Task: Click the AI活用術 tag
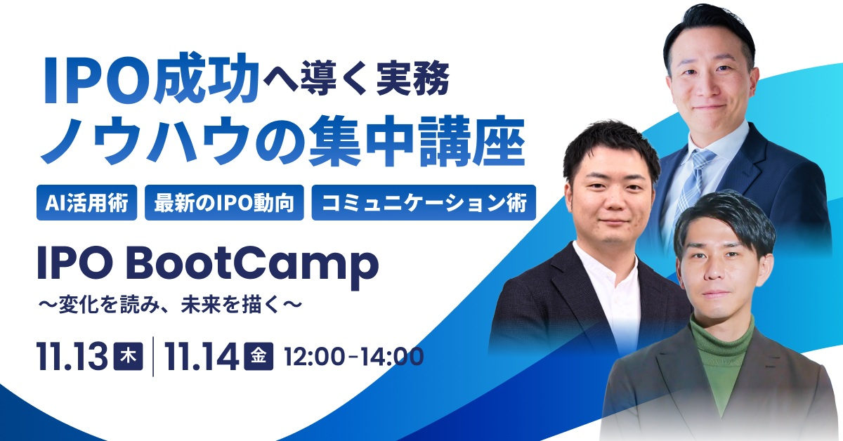coord(86,202)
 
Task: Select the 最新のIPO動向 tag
coord(224,202)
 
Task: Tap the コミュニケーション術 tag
coord(424,202)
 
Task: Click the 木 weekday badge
coord(129,356)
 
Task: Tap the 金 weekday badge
coord(259,356)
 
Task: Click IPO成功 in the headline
coord(150,79)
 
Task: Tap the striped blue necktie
coord(692,185)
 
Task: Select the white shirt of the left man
coord(610,294)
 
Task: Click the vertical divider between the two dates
coord(153,356)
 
